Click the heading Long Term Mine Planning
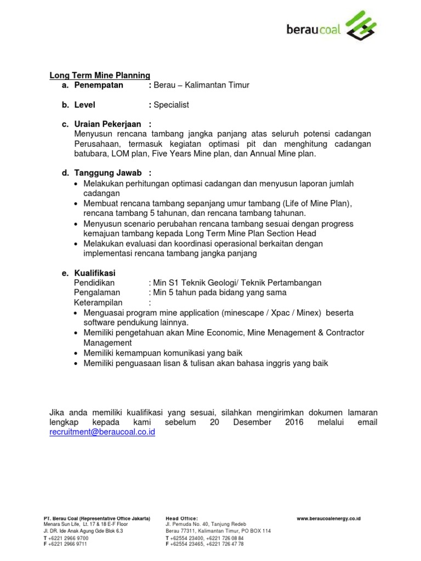click(x=100, y=75)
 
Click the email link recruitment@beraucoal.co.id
click(x=103, y=432)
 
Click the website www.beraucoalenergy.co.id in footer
click(x=328, y=518)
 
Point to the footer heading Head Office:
click(x=181, y=518)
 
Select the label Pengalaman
click(x=97, y=293)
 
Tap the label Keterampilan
click(x=98, y=302)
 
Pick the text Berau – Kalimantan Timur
click(x=201, y=85)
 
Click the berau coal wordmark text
click(x=314, y=29)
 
